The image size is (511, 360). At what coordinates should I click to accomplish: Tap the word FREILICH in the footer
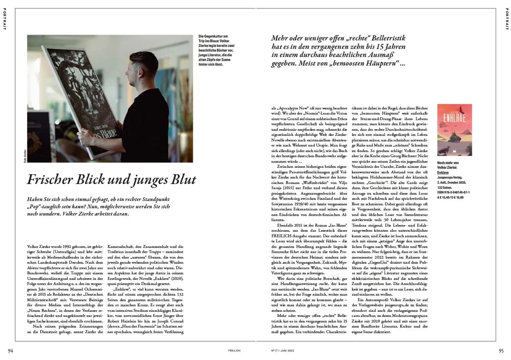(x=235, y=351)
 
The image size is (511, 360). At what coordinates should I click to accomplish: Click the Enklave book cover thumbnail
(x=454, y=130)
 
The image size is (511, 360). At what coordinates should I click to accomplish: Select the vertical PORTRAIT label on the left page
(x=4, y=19)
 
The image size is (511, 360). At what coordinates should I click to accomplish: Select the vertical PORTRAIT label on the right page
(x=507, y=19)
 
